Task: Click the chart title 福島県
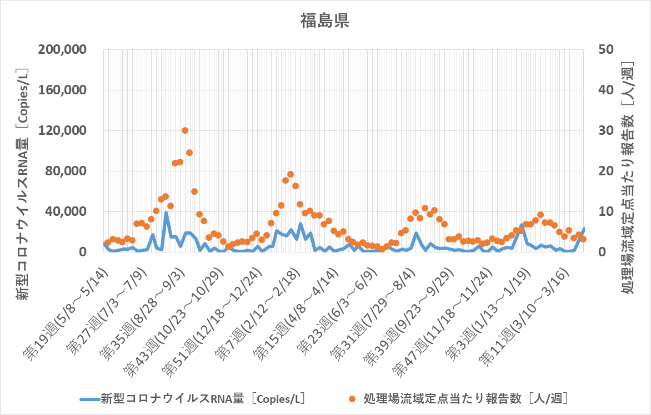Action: pos(325,21)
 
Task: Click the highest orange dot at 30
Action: pos(185,130)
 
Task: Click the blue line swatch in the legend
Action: pos(89,398)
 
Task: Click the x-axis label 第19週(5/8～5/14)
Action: pos(67,311)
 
